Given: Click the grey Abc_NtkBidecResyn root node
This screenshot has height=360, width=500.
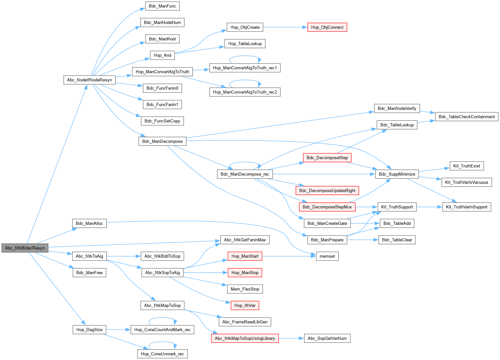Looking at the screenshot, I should click(x=25, y=248).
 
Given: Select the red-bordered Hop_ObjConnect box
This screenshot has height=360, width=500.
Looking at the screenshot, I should click(x=327, y=27).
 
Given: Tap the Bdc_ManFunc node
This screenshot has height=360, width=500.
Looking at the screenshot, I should click(x=162, y=6).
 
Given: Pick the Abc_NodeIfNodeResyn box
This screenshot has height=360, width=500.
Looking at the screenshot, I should click(x=89, y=80).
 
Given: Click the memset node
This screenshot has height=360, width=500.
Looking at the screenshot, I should click(x=327, y=256).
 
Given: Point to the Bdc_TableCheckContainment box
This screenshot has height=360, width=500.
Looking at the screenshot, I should click(x=466, y=117).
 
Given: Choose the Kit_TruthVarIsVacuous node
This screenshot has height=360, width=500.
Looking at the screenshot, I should click(x=466, y=182).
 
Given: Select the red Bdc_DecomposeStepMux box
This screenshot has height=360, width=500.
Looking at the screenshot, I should click(x=327, y=207).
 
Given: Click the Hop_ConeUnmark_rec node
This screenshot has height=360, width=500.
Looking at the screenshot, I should click(x=162, y=354).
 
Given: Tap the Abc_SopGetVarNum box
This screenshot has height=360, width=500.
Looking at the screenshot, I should click(x=327, y=338).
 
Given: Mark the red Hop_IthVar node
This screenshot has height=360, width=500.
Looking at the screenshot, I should click(x=245, y=305).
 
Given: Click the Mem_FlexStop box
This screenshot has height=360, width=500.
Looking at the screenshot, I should click(x=245, y=289).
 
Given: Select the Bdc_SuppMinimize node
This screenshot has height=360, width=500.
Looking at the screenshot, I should click(x=397, y=174).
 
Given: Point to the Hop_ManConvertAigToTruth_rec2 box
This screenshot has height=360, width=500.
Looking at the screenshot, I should click(x=245, y=92).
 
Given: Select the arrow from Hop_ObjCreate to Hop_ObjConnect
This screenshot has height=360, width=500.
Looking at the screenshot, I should click(x=285, y=27).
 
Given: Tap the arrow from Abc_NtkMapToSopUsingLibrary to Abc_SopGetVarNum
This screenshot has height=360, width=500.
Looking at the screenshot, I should click(x=291, y=338).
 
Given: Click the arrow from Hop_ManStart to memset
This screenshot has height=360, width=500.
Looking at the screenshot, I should click(x=288, y=256).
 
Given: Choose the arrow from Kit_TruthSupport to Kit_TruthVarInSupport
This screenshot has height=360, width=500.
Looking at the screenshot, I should click(x=429, y=207).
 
